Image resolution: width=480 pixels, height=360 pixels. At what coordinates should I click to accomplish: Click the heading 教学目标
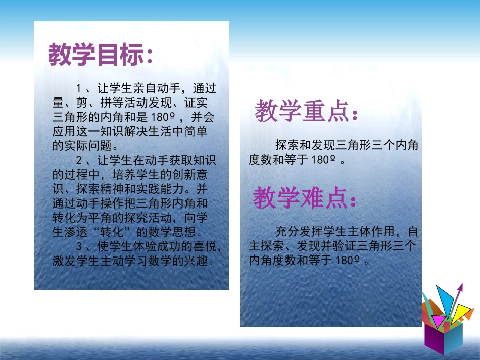click(x=100, y=55)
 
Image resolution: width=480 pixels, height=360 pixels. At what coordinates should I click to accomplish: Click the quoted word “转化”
click(x=108, y=233)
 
